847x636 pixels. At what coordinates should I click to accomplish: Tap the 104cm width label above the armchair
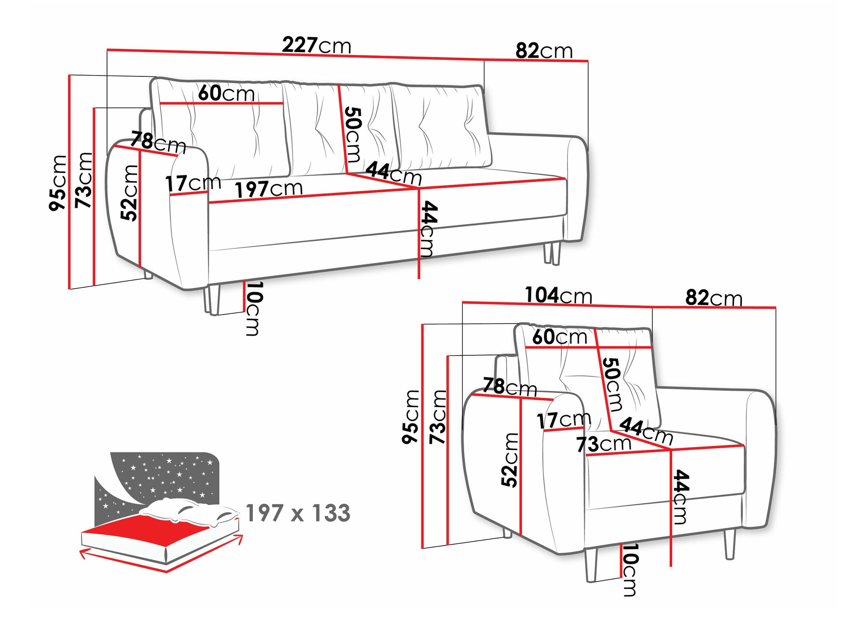click(558, 296)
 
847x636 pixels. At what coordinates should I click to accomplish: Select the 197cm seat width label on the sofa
click(268, 189)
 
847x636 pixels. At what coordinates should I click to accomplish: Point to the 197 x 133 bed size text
click(298, 513)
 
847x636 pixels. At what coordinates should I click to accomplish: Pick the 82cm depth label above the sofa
click(544, 51)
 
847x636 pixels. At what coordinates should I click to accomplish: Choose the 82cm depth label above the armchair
click(714, 298)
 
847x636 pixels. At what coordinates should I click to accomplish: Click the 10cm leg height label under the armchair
click(630, 569)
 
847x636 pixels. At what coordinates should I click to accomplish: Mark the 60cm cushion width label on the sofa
click(226, 93)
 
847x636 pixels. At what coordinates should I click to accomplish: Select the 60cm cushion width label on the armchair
click(559, 337)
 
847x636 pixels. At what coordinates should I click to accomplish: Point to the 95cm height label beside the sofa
click(58, 183)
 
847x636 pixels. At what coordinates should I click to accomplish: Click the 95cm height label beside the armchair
click(410, 417)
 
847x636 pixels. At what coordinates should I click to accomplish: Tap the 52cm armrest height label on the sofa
click(130, 193)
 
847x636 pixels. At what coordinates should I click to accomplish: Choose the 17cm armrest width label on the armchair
click(564, 420)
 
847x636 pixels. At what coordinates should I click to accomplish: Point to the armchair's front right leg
click(729, 544)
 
